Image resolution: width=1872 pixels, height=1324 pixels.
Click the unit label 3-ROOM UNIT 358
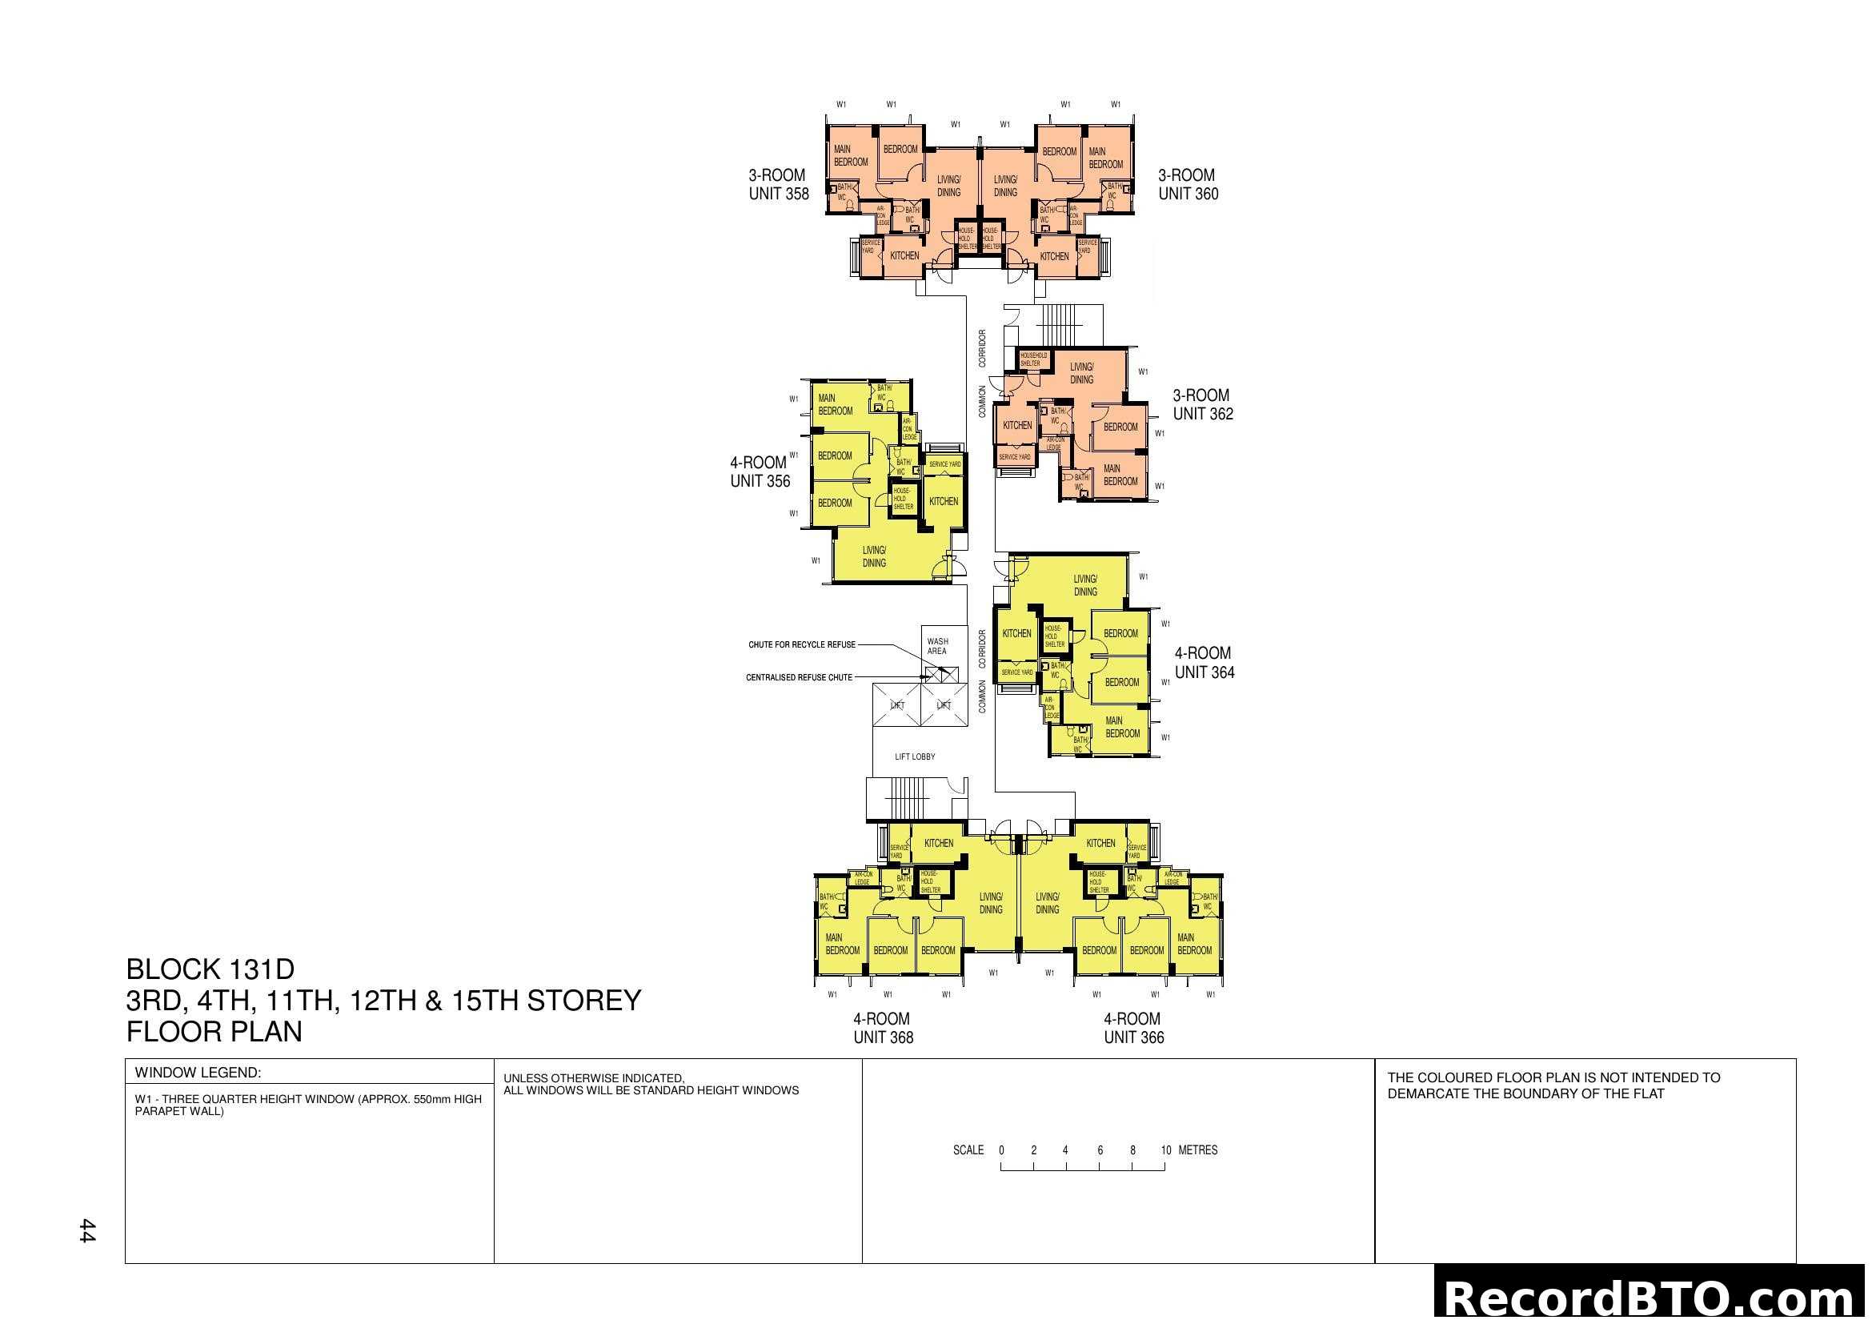coord(779,184)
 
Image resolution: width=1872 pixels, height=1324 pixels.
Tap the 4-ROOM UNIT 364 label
coord(1205,663)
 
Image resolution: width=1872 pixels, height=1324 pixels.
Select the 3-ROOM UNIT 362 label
coord(1203,404)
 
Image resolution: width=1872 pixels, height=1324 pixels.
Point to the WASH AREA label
coord(938,647)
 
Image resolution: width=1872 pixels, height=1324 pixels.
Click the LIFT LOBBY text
coord(915,756)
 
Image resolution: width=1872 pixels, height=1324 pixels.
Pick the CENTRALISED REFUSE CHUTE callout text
coord(799,677)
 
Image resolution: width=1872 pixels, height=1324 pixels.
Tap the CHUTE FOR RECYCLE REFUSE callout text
coord(802,645)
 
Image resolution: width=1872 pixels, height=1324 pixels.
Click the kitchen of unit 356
coord(944,501)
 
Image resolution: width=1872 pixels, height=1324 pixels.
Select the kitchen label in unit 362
coord(1016,425)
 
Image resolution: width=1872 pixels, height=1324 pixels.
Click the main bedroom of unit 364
coord(1123,727)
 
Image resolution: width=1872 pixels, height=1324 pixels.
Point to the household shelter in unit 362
coord(1033,359)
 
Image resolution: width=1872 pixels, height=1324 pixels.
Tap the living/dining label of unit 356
coord(874,556)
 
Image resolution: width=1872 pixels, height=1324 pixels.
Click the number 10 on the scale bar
coord(1166,1150)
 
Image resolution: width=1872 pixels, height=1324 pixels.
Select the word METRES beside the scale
coord(1198,1150)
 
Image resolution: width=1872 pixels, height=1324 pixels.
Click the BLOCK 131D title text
coord(210,969)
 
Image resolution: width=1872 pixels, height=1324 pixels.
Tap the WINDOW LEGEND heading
coord(198,1073)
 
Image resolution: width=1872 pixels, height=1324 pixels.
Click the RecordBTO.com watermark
coord(1652,1298)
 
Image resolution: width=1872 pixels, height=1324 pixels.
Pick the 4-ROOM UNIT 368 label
coord(883,1028)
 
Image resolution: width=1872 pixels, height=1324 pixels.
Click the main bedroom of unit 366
coord(1193,944)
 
